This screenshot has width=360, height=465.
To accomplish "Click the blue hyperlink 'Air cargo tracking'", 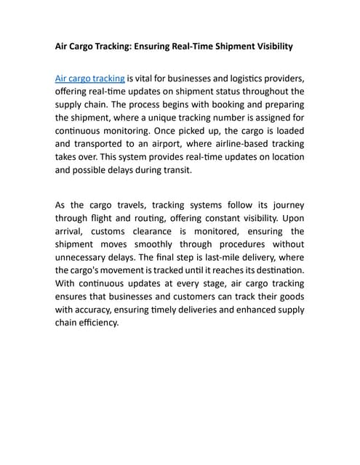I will tap(90, 78).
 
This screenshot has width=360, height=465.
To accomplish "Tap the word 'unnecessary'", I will tap(84, 257).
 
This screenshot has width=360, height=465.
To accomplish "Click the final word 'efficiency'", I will tap(98, 323).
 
